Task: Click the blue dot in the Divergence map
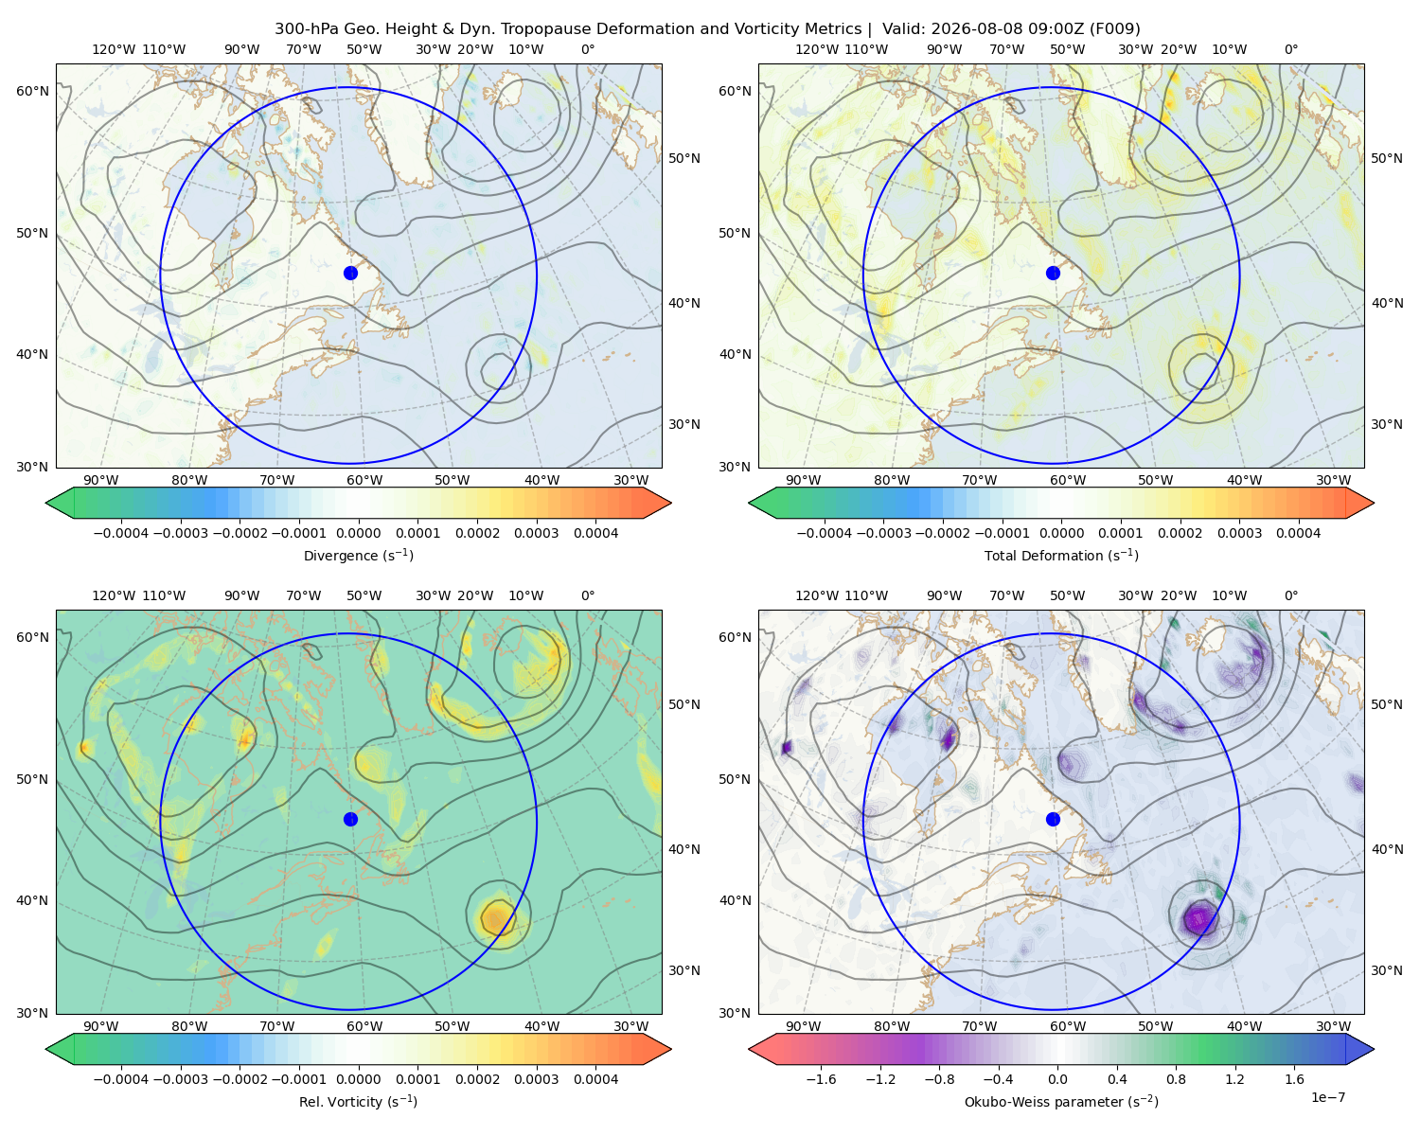[350, 273]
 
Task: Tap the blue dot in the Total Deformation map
[1053, 273]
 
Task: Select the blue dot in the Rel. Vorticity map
[350, 819]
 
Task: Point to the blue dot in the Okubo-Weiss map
[1053, 819]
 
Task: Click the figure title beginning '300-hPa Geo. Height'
[707, 29]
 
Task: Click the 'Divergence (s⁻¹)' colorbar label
[358, 555]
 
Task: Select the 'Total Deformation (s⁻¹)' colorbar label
[1061, 555]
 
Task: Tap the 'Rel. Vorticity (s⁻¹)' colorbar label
[358, 1102]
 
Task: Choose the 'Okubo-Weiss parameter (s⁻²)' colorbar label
[1061, 1102]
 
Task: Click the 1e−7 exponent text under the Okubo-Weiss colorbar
[1327, 1097]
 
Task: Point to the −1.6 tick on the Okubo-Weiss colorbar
[821, 1079]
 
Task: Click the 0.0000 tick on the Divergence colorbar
[358, 533]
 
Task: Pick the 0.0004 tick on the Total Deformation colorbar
[1298, 533]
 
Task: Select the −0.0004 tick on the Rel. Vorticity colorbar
[121, 1079]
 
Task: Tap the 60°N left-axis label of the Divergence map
[32, 91]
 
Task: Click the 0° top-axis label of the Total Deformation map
[1290, 49]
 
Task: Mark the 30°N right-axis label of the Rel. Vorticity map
[684, 970]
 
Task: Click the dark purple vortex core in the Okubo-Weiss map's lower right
[1198, 918]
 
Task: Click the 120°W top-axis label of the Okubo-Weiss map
[816, 595]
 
